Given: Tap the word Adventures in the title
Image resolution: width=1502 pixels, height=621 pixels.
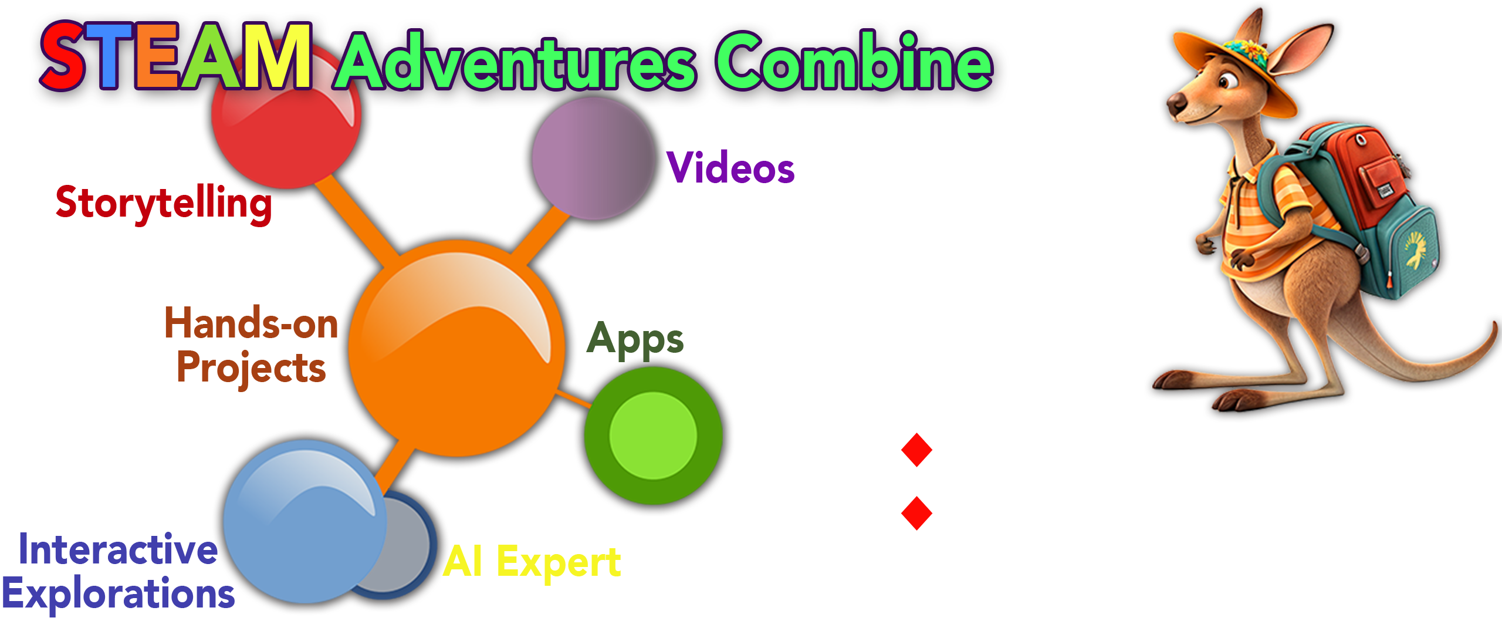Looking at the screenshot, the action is tap(516, 61).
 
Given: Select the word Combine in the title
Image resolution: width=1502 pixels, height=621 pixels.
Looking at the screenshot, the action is tap(854, 61).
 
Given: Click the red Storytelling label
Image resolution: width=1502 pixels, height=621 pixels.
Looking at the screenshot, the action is tap(164, 204).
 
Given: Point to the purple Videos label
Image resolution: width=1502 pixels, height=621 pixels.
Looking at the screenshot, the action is tap(730, 167).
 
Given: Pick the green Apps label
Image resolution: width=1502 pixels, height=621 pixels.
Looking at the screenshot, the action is tap(635, 340).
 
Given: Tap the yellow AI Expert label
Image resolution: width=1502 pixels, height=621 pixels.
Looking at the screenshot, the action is tap(532, 562).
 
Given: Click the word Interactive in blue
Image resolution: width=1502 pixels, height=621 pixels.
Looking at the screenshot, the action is tap(118, 549).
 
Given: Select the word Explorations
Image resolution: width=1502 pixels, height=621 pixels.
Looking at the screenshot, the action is tap(119, 594).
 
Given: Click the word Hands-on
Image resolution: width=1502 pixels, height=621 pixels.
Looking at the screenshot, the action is tap(251, 323).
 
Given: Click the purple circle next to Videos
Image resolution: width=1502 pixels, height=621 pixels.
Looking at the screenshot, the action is tap(593, 158).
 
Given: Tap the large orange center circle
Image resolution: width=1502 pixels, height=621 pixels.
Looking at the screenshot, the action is tap(456, 348).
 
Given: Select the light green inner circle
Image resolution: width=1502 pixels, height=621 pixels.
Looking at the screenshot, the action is tap(653, 436).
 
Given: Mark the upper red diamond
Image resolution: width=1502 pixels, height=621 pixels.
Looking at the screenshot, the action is tap(916, 450).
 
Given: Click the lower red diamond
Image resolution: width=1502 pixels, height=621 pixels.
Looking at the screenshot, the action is tap(916, 513).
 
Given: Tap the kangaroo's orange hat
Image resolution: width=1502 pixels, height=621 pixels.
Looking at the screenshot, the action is tap(1232, 65).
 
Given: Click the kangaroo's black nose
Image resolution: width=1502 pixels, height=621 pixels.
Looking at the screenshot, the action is tap(1176, 104).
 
